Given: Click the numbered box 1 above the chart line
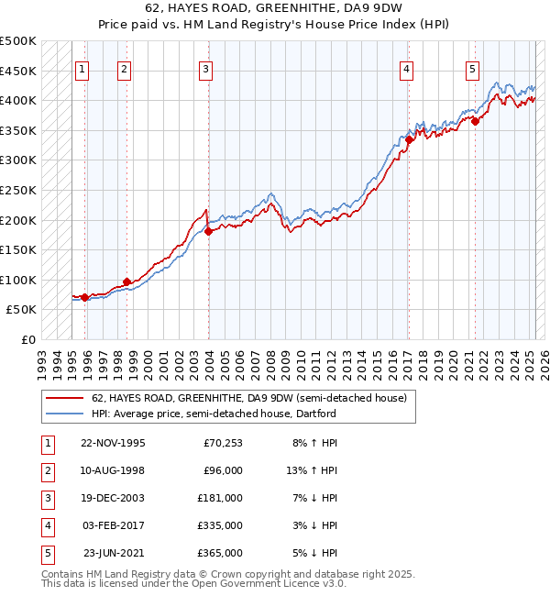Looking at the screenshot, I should click(x=82, y=68).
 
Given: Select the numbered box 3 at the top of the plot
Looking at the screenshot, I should click(x=206, y=68).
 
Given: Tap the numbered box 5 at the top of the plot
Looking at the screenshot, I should click(x=472, y=68).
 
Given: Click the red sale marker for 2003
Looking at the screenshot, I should click(x=208, y=231).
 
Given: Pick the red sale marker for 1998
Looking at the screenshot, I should click(x=126, y=281).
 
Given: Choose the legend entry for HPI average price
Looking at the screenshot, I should click(x=214, y=414).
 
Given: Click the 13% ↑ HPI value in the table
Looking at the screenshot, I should click(x=312, y=470).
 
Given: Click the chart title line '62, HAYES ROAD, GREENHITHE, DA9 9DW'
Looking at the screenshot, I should click(x=274, y=12).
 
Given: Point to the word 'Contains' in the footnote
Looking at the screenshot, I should click(x=63, y=574).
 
